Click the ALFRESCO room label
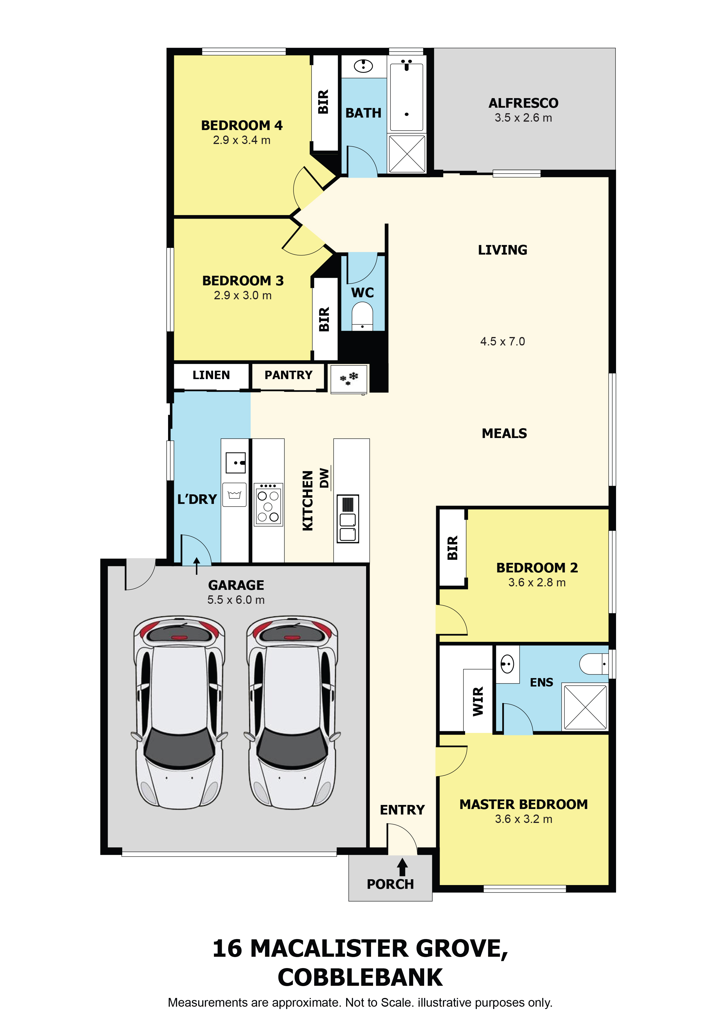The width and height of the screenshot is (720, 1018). (x=523, y=103)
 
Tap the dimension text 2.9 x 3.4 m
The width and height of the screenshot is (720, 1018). (x=242, y=140)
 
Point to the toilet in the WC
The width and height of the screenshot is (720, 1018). (x=362, y=316)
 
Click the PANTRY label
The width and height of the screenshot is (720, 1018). (x=288, y=375)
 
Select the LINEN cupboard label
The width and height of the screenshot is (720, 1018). (x=211, y=375)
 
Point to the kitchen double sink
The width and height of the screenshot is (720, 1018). (x=348, y=519)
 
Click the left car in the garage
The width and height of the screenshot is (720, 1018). (x=179, y=713)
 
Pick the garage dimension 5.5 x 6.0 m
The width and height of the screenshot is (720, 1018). (x=236, y=600)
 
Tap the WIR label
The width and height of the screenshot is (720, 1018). (x=478, y=701)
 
